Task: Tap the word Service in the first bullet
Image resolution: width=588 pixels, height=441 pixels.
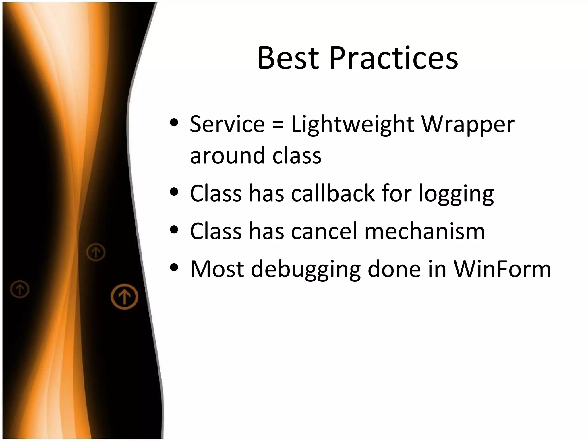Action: [x=227, y=124]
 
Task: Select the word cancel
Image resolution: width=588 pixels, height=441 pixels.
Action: [x=324, y=231]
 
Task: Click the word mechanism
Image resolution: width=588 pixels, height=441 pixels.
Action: [x=425, y=231]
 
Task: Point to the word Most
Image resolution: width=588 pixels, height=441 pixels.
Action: [x=217, y=269]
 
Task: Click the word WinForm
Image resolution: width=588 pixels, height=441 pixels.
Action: [x=502, y=269]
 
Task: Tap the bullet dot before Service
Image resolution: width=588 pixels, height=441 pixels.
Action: [x=174, y=123]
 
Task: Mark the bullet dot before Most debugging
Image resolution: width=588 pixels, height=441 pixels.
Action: [x=174, y=267]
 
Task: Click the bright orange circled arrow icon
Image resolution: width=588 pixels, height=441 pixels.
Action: [x=124, y=297]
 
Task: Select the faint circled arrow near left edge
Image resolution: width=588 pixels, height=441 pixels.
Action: [x=20, y=289]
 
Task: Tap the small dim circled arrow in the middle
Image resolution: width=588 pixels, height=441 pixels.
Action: [x=96, y=252]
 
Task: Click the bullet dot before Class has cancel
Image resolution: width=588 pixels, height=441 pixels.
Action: [x=174, y=229]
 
